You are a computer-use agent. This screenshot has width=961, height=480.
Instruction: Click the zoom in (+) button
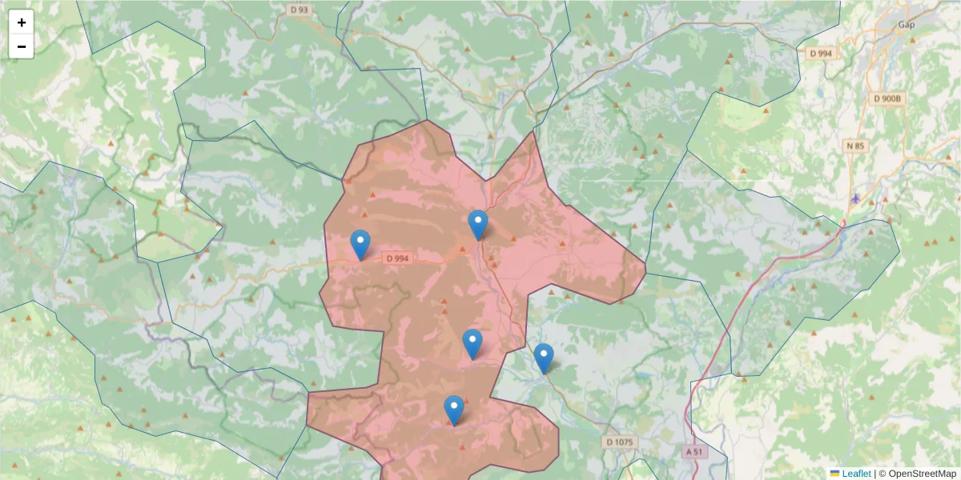click(x=22, y=22)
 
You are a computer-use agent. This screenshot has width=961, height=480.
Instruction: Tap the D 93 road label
click(x=299, y=9)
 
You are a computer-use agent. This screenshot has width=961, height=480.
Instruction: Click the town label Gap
click(x=907, y=25)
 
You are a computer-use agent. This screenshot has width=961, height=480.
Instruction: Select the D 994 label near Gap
click(x=821, y=54)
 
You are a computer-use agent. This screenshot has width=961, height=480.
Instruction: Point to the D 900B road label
click(x=887, y=98)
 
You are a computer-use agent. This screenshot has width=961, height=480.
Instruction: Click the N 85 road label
click(x=855, y=146)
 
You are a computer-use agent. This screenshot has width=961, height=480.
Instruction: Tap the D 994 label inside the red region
click(x=397, y=258)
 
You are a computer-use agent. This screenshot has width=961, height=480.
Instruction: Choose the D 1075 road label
click(x=619, y=442)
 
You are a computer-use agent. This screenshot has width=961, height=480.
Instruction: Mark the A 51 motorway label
click(x=695, y=451)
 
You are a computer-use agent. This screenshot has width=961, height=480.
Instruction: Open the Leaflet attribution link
click(x=856, y=474)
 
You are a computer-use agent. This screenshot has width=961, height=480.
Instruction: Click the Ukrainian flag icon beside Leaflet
click(x=834, y=474)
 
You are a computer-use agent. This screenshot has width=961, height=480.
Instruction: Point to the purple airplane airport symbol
click(x=856, y=198)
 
